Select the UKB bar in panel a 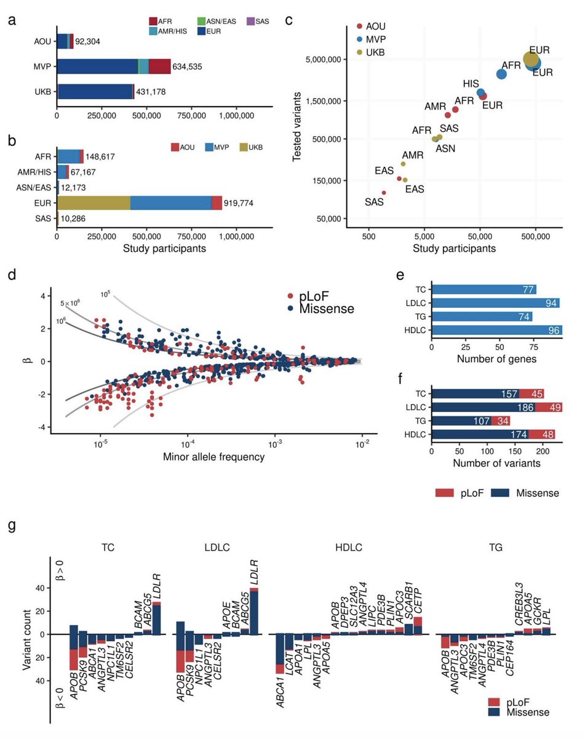pyautogui.click(x=95, y=92)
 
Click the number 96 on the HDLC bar pyautogui.click(x=553, y=330)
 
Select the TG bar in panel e pyautogui.click(x=482, y=317)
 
